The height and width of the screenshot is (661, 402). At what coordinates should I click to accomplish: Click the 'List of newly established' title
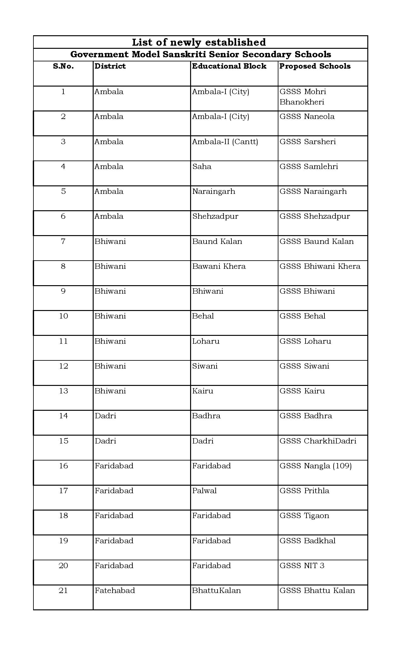[x=199, y=42]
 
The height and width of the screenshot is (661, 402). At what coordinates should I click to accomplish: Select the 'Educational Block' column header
[x=229, y=66]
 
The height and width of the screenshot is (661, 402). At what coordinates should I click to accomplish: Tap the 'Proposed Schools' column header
[x=315, y=66]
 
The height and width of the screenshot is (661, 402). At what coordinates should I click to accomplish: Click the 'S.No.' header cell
[x=63, y=66]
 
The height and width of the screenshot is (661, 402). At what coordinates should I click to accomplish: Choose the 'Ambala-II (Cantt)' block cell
[x=225, y=142]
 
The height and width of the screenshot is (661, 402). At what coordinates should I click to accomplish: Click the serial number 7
[x=63, y=241]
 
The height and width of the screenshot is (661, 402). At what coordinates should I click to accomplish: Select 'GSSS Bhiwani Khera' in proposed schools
[x=320, y=266]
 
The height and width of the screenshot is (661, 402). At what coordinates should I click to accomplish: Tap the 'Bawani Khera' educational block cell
[x=219, y=266]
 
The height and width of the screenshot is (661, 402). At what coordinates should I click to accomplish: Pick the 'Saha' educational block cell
[x=202, y=167]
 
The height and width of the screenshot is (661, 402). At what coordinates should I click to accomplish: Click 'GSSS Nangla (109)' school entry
[x=315, y=466]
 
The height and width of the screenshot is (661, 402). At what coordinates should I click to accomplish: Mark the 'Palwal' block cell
[x=204, y=491]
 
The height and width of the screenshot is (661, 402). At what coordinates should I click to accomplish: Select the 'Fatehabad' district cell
[x=115, y=590]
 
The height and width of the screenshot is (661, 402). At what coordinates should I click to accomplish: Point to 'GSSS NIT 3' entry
[x=302, y=566]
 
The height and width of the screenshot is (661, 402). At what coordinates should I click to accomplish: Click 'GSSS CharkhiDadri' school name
[x=318, y=441]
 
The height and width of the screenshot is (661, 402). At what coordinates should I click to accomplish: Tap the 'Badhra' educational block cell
[x=206, y=416]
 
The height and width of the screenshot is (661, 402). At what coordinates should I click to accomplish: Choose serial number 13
[x=63, y=391]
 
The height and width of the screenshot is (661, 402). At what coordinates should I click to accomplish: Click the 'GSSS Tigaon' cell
[x=304, y=516]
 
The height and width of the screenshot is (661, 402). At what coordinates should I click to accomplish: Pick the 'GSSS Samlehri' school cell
[x=309, y=167]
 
